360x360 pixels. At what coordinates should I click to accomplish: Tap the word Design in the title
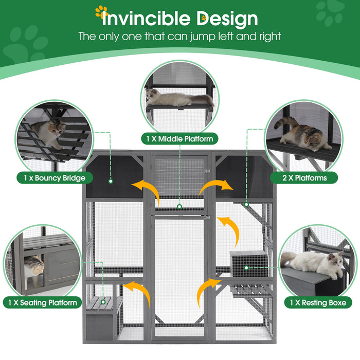click(227, 19)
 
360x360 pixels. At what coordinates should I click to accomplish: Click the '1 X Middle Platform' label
click(178, 138)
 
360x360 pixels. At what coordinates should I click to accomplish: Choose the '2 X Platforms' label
click(304, 178)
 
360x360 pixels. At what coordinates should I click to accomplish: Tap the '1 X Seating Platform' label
click(43, 302)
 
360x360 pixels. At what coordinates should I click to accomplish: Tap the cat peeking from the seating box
click(33, 268)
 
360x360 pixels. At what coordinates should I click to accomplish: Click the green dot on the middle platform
click(179, 206)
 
